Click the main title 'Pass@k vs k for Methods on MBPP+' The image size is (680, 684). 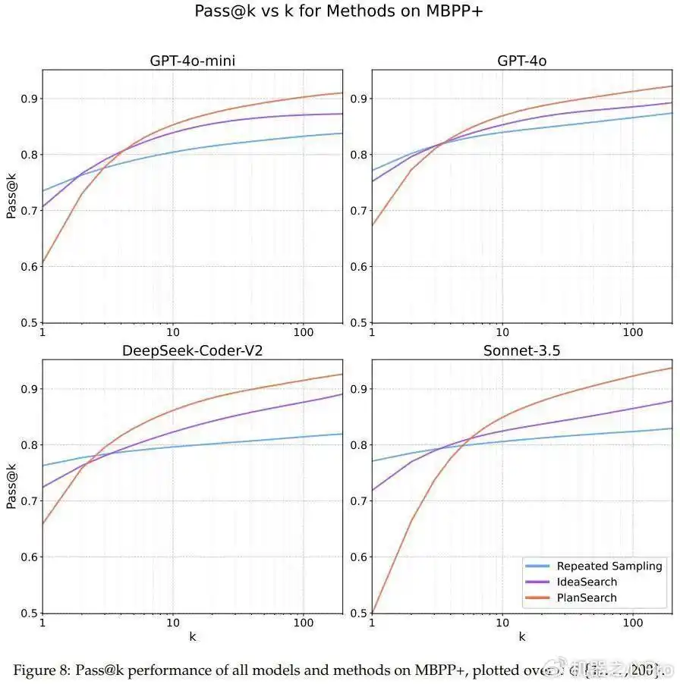(340, 11)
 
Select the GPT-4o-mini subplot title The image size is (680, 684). (192, 61)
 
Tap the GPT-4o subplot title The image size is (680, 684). (521, 61)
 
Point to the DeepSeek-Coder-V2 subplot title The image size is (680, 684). (192, 350)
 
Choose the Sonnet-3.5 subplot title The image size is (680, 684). (521, 350)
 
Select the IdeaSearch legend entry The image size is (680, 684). (587, 582)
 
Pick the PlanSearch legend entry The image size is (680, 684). (587, 598)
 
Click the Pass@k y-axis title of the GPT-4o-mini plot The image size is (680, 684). (11, 196)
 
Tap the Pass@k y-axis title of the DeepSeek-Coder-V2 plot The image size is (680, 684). (11, 486)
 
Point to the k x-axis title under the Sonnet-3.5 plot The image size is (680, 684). (522, 637)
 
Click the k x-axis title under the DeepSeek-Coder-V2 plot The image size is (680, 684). (192, 637)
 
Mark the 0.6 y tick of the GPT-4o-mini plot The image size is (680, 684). (28, 266)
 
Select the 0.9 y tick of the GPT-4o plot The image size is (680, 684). (357, 99)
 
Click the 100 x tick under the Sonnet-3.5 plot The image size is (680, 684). (633, 623)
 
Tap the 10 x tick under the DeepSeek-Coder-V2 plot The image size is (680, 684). (173, 623)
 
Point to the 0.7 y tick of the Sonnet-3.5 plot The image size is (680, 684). (357, 500)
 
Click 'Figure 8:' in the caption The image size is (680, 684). (42, 670)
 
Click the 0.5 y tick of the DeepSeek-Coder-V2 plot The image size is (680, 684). (28, 613)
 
